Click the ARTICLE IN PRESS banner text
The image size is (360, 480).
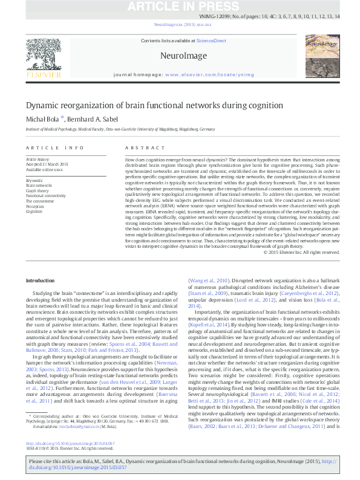(x=180, y=7)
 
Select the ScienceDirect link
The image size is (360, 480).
(x=211, y=41)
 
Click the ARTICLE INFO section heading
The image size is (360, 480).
(x=54, y=148)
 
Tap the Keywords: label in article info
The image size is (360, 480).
(x=35, y=180)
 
